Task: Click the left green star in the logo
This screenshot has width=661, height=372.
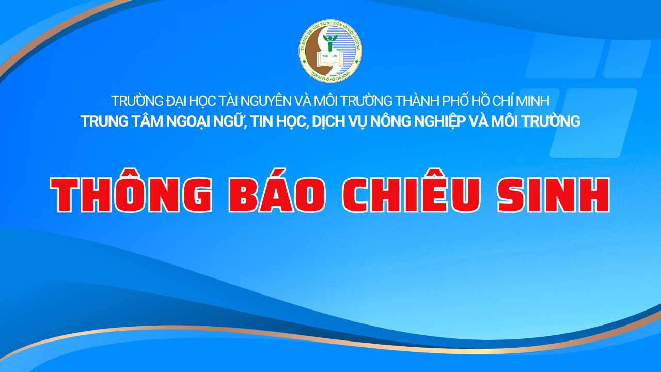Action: [x=305, y=61]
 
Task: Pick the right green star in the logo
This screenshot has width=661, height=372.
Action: [x=356, y=61]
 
